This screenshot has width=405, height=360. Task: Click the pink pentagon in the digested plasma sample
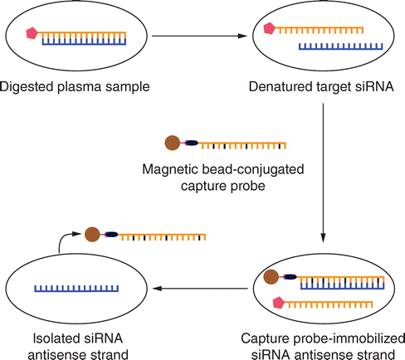click(32, 33)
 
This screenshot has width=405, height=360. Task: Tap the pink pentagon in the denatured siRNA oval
click(269, 28)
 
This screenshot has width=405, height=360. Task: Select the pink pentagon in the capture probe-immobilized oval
click(279, 303)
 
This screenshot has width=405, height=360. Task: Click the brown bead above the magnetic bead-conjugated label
click(173, 143)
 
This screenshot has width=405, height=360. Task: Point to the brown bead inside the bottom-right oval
click(271, 276)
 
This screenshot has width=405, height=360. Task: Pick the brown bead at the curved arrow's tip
click(92, 235)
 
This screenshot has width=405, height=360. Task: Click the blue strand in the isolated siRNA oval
click(76, 289)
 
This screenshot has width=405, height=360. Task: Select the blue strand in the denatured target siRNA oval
click(341, 46)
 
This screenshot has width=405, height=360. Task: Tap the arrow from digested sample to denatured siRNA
click(199, 36)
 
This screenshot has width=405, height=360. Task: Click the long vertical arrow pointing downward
click(323, 173)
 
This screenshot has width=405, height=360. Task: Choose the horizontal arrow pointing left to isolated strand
click(200, 289)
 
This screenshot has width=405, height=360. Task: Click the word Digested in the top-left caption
click(27, 87)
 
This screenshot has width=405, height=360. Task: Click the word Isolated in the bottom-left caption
click(55, 338)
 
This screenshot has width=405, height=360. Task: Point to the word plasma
click(80, 87)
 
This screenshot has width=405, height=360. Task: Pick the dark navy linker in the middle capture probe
click(192, 143)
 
